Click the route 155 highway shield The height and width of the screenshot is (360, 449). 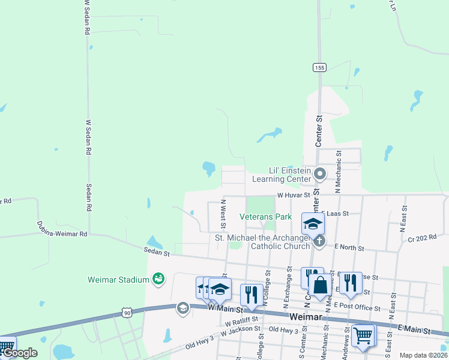point(319,68)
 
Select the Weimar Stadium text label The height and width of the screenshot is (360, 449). point(118,280)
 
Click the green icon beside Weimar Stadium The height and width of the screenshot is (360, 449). point(158,278)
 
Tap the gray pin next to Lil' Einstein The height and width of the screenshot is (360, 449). point(320,175)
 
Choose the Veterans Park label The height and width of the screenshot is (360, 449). point(265,216)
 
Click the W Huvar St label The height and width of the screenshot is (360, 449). point(292,195)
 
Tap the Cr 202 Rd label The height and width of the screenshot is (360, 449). point(421,238)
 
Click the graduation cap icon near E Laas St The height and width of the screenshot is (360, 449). point(313,224)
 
